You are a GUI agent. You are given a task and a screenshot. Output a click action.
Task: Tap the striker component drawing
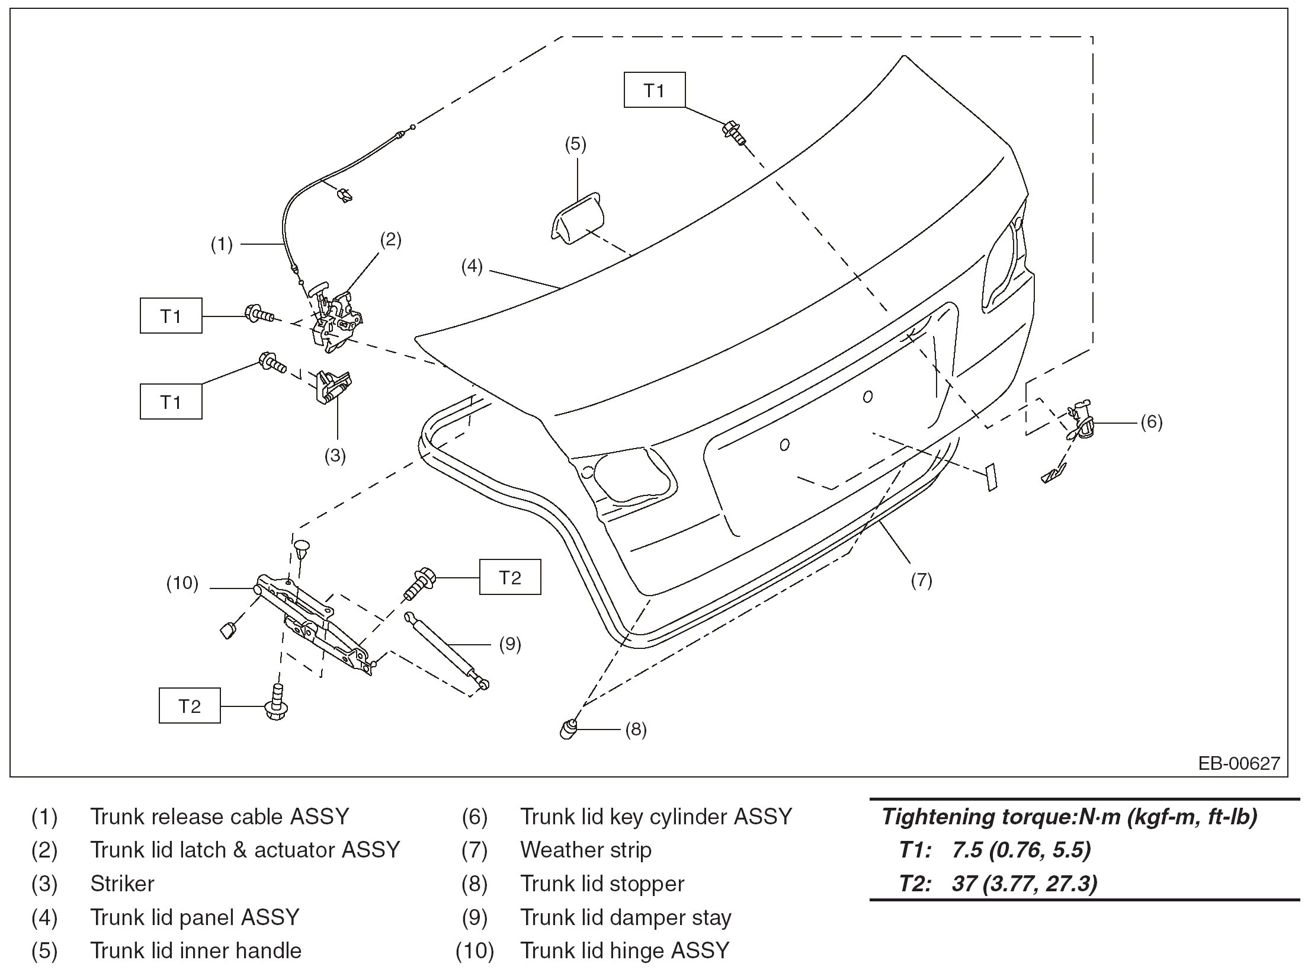pyautogui.click(x=332, y=387)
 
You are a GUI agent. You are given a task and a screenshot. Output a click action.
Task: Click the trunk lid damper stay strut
pyautogui.click(x=448, y=651)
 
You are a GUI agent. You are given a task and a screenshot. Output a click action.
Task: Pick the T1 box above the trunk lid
pyautogui.click(x=654, y=90)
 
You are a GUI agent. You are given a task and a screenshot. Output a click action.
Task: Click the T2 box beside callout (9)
pyautogui.click(x=509, y=577)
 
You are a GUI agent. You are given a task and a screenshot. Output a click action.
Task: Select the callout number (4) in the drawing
pyautogui.click(x=472, y=267)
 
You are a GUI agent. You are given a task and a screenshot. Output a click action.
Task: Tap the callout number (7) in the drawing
pyautogui.click(x=921, y=580)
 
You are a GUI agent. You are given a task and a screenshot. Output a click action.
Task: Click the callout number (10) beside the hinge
pyautogui.click(x=182, y=584)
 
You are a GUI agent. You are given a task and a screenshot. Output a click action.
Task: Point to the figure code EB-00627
pyautogui.click(x=1239, y=763)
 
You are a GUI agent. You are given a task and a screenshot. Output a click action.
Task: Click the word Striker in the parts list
pyautogui.click(x=122, y=884)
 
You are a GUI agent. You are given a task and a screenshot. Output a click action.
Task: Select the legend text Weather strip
pyautogui.click(x=585, y=850)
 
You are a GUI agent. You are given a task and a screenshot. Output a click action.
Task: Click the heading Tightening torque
pyautogui.click(x=1069, y=817)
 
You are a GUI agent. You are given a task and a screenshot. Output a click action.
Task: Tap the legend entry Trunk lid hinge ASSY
pyautogui.click(x=624, y=951)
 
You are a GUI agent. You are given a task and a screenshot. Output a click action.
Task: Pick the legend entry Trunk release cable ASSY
pyautogui.click(x=219, y=817)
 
